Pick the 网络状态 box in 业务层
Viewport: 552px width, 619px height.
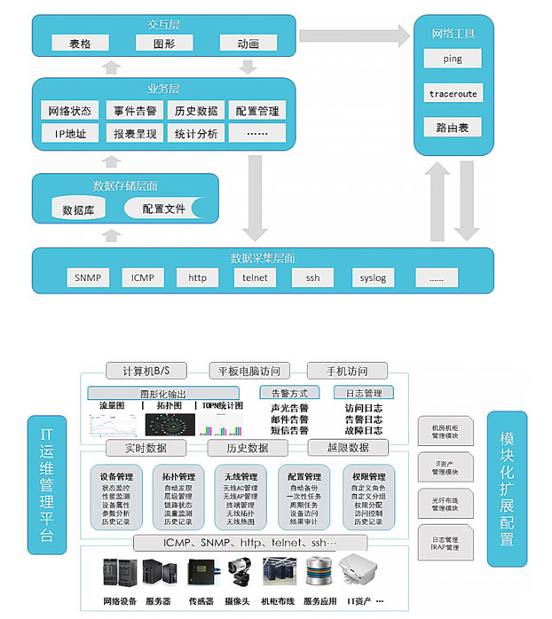[x=70, y=111]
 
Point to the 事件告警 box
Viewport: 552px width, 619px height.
[x=135, y=111]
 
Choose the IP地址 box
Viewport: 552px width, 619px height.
[x=70, y=134]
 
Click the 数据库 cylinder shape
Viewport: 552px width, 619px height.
[x=79, y=210]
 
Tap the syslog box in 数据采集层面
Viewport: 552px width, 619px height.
[x=373, y=278]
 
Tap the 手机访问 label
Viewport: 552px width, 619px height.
[x=337, y=371]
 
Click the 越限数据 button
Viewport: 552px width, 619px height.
[x=348, y=448]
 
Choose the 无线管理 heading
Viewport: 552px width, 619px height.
[x=241, y=476]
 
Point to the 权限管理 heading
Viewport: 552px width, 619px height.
[x=368, y=476]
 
